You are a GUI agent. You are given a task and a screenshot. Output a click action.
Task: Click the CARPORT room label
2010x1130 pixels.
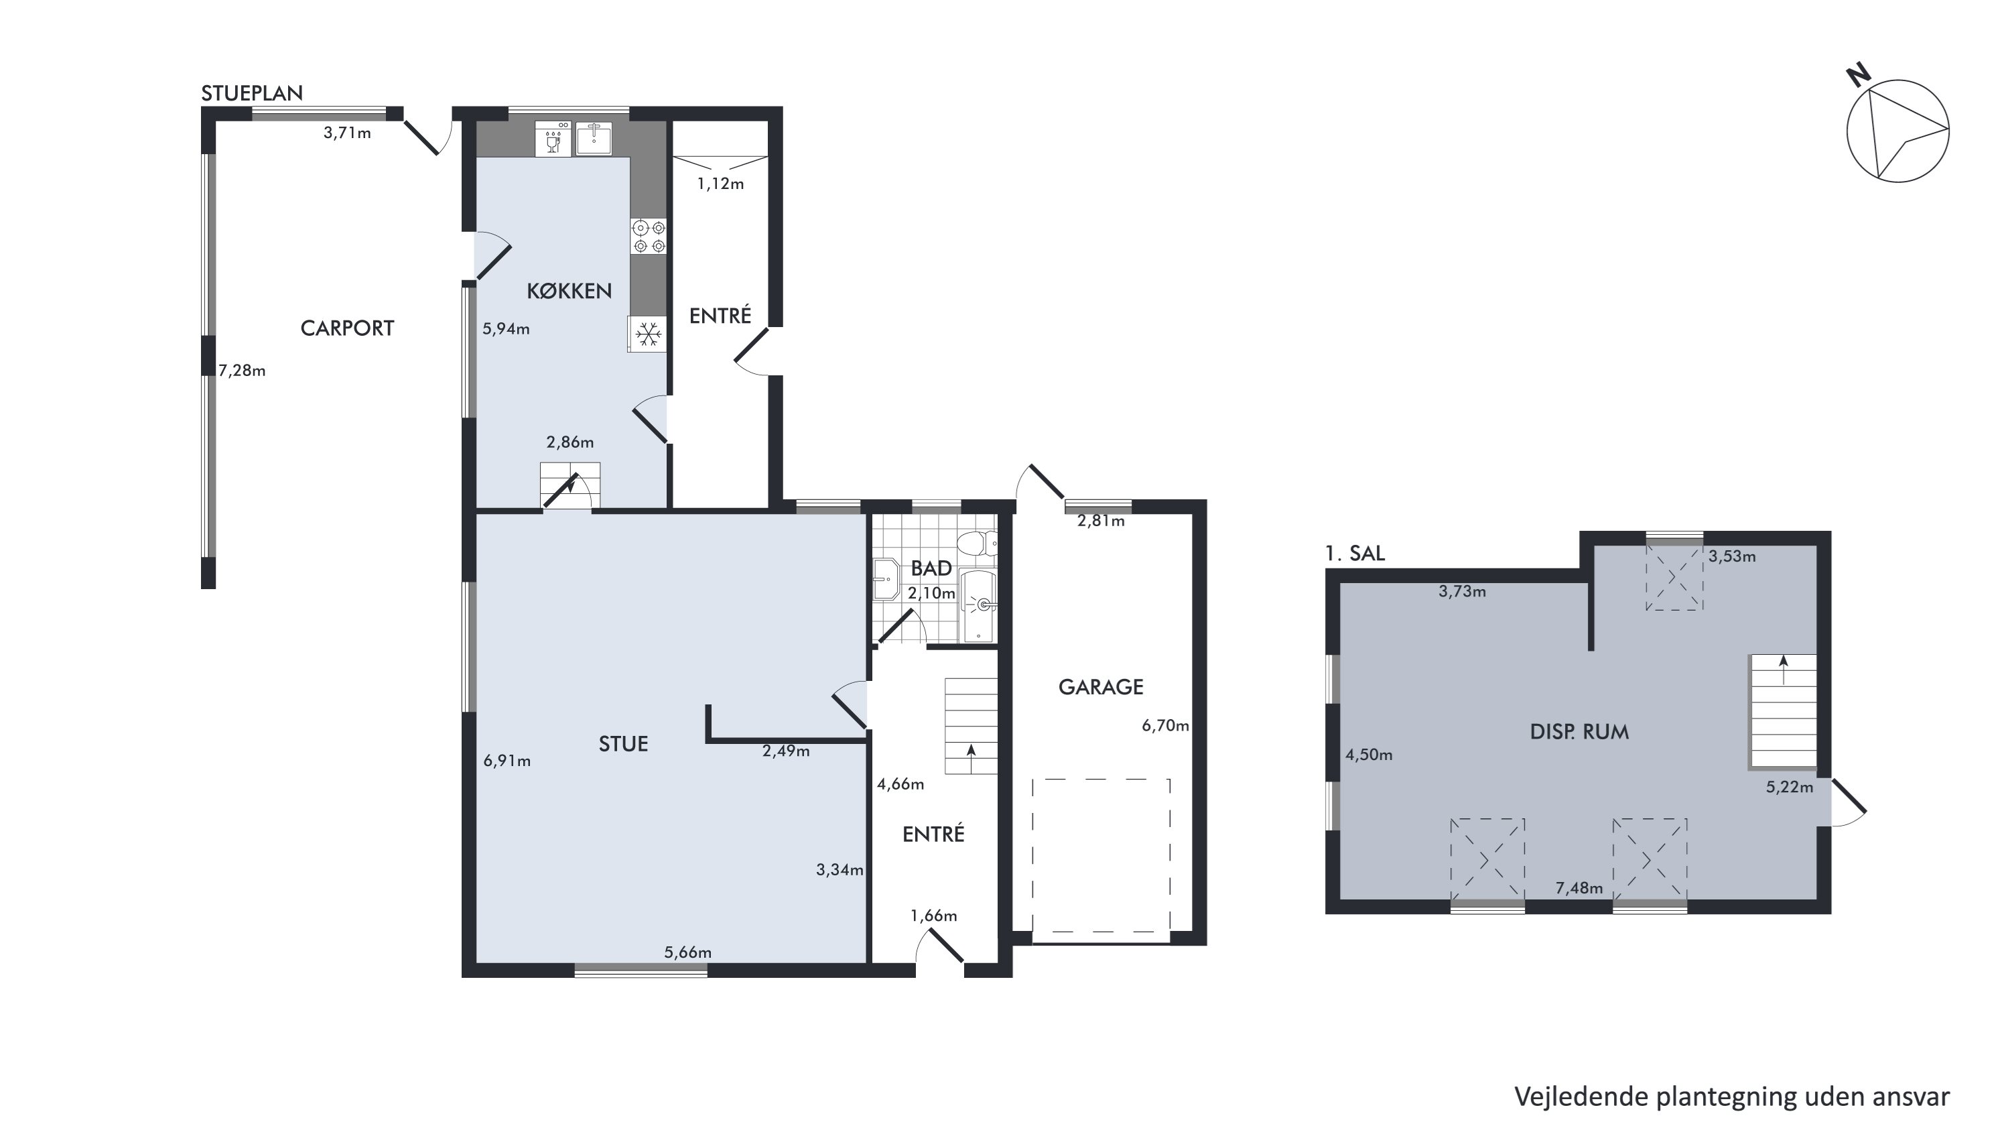click(347, 328)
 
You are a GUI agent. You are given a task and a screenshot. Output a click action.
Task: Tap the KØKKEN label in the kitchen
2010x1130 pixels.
click(569, 291)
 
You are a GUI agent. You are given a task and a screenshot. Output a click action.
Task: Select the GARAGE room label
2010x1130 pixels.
click(1100, 687)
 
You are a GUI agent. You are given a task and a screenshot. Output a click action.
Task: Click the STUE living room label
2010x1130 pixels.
click(622, 744)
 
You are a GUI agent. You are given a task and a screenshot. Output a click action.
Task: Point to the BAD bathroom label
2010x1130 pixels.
click(931, 568)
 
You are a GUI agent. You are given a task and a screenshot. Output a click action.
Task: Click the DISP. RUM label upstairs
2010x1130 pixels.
click(1579, 732)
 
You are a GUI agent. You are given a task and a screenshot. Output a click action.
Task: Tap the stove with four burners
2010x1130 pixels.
click(649, 237)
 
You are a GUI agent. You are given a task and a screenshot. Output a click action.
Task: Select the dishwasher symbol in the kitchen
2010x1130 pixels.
click(553, 139)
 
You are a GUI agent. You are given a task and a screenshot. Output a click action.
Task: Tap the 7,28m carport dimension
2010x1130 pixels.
click(242, 371)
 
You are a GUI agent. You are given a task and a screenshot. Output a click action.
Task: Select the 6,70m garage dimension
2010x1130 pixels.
click(1166, 726)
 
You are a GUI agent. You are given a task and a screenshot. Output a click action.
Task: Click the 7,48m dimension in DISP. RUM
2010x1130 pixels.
click(1579, 888)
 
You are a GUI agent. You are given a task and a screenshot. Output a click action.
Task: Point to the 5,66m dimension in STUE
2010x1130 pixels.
click(687, 952)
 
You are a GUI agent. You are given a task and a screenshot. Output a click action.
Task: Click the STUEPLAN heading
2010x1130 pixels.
click(252, 94)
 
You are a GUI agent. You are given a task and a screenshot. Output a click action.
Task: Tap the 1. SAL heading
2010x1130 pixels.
click(1355, 554)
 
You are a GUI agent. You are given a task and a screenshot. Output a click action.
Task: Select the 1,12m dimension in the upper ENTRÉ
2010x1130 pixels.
click(720, 184)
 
